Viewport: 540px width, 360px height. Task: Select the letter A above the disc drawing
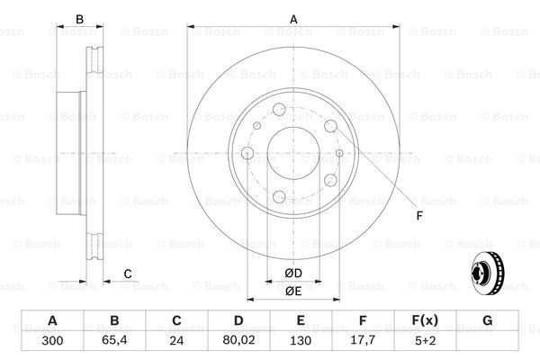[292, 18]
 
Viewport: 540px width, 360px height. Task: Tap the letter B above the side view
[79, 18]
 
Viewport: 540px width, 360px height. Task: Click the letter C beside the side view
[128, 274]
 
